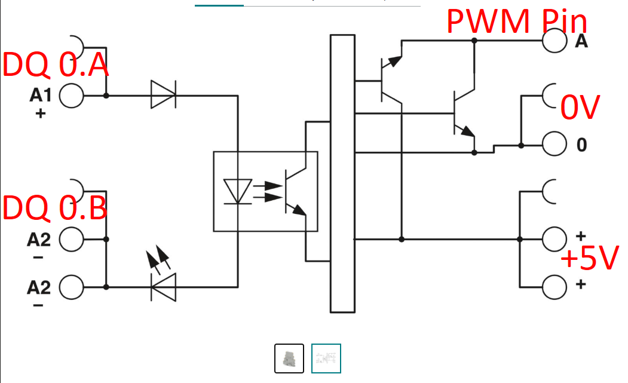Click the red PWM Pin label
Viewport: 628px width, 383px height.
517,22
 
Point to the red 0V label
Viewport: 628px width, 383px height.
580,108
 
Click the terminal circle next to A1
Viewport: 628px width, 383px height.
71,96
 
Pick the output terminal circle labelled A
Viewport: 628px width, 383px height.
554,40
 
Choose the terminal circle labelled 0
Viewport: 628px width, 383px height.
554,145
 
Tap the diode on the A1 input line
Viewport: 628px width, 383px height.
163,96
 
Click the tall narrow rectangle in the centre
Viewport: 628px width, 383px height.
342,173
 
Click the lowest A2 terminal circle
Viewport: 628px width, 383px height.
71,287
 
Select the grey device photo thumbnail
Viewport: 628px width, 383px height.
289,359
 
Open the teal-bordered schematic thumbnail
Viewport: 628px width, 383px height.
326,359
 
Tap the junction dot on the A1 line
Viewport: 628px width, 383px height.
106,96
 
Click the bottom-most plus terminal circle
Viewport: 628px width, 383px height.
554,287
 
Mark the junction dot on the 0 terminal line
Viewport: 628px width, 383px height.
521,145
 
